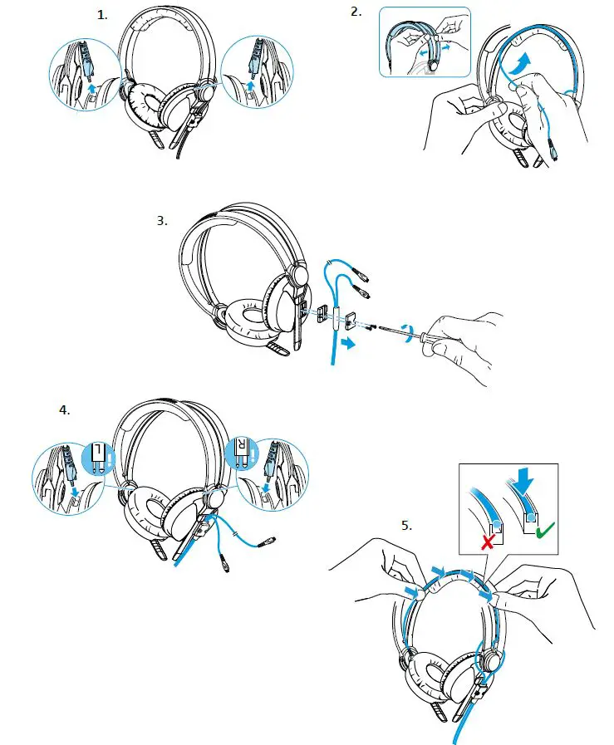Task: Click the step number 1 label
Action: [x=103, y=15]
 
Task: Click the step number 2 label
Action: [x=356, y=11]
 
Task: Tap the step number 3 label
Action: [x=162, y=221]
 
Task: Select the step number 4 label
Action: [x=65, y=410]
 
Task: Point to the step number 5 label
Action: [x=406, y=525]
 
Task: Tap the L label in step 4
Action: [x=99, y=453]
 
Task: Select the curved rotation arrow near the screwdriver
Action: [x=406, y=332]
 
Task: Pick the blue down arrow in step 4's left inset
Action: [x=76, y=494]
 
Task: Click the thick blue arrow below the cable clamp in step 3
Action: [x=352, y=343]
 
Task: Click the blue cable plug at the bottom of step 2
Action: [x=550, y=153]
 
